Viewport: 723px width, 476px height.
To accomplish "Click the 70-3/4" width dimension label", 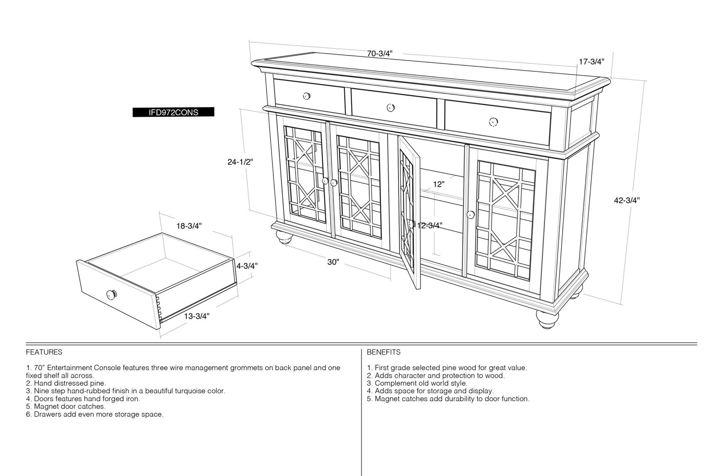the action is point(380,54).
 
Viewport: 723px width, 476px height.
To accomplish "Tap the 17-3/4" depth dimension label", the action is point(592,61).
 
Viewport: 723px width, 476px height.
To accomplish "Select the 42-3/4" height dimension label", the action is point(627,200).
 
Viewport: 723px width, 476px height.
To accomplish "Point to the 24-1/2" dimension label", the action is point(240,162).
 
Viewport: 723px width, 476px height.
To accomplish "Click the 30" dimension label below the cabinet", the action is point(333,262).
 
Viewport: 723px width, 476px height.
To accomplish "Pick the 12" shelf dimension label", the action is point(439,184).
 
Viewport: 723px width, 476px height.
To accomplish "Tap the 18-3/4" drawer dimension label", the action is point(189,226).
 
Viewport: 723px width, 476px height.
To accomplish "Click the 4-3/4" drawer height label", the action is point(247,266).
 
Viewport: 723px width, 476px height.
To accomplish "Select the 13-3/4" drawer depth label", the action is point(197,317).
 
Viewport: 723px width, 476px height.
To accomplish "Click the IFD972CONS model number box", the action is point(174,112).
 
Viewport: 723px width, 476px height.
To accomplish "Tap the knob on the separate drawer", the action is point(112,294).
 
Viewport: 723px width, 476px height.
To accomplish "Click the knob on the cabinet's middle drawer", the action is point(390,107).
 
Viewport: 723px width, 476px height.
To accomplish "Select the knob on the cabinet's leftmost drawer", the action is point(307,96).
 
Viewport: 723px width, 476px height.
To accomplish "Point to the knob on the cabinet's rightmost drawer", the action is point(493,122).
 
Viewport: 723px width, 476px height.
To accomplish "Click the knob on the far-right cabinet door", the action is point(470,215).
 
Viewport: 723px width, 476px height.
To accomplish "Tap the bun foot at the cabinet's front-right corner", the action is point(548,319).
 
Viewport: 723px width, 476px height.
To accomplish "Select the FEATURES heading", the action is point(44,352).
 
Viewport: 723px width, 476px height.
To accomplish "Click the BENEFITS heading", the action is point(384,352).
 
